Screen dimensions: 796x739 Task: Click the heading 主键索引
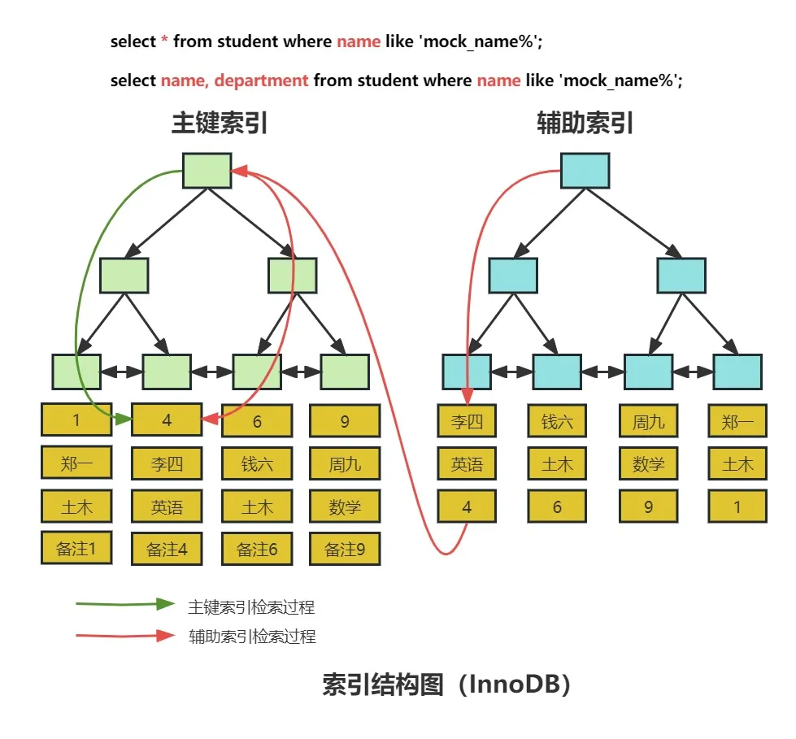click(220, 124)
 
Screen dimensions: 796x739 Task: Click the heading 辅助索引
click(585, 124)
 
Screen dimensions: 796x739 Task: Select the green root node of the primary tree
click(207, 171)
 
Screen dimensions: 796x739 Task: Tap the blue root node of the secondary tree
click(585, 171)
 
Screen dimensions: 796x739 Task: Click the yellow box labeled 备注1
click(76, 548)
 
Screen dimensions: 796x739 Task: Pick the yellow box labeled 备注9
click(345, 549)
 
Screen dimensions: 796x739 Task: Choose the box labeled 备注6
click(257, 549)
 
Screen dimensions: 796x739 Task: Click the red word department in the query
click(261, 80)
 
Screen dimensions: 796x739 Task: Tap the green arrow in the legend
click(125, 604)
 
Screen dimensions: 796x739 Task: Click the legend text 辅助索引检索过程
click(252, 636)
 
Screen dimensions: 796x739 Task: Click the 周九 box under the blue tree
click(648, 421)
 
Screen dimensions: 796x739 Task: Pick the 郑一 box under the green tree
click(76, 463)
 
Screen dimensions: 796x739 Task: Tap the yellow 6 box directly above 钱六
click(257, 421)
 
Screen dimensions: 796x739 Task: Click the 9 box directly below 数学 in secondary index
click(648, 506)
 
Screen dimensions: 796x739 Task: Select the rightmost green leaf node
click(345, 372)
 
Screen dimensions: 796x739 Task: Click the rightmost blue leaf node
click(737, 372)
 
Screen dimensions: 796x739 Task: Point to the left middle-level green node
click(124, 276)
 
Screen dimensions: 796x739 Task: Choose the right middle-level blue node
click(681, 276)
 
